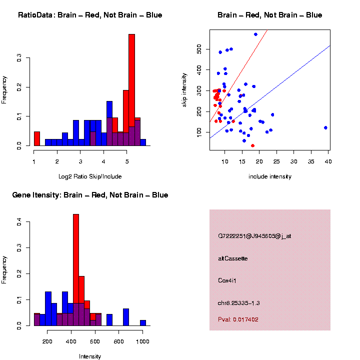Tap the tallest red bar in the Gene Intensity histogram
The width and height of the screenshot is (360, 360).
click(76, 250)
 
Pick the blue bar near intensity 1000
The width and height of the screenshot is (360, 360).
click(143, 323)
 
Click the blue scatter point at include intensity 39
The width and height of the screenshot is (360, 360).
click(325, 127)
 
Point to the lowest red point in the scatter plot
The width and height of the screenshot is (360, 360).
click(252, 145)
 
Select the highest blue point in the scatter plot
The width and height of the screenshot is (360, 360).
click(255, 34)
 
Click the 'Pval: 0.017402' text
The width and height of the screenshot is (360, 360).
click(238, 319)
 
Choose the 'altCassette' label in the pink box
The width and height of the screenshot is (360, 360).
click(232, 258)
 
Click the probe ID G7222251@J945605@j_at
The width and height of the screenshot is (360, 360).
click(254, 236)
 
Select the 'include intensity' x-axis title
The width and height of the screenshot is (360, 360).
click(270, 176)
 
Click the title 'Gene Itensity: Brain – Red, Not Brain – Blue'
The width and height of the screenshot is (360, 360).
click(90, 195)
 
